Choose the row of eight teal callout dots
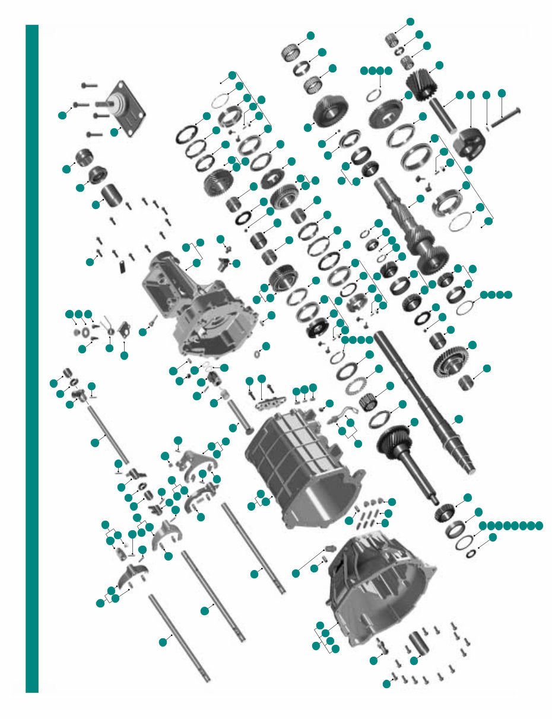[511, 525]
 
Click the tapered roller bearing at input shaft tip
[445, 511]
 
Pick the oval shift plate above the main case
[272, 404]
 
